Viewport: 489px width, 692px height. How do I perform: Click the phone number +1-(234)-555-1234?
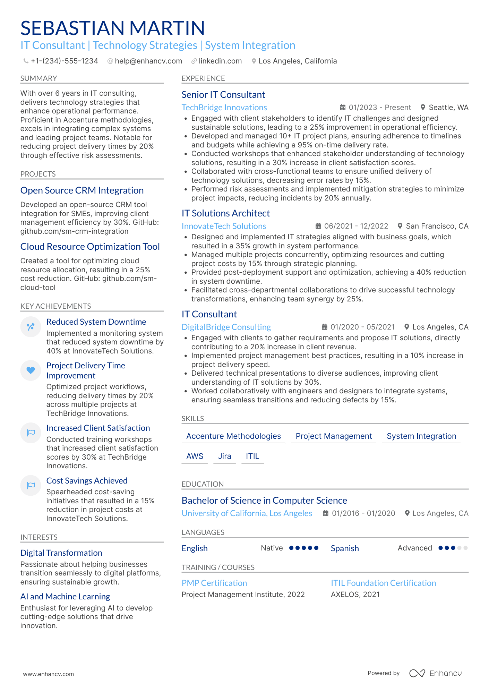[64, 61]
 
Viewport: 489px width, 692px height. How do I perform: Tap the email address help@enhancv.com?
[148, 61]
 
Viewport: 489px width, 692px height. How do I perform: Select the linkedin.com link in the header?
[220, 61]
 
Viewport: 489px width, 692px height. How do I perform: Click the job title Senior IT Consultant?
[223, 95]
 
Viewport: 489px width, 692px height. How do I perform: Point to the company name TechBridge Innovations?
[224, 108]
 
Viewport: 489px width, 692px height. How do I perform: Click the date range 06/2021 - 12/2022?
[356, 226]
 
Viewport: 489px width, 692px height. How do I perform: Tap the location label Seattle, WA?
[448, 108]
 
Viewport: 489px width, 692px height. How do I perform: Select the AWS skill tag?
[195, 456]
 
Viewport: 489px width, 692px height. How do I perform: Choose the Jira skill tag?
[224, 456]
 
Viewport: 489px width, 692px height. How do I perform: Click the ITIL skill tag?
[252, 456]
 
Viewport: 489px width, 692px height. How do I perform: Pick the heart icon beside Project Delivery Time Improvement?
[31, 370]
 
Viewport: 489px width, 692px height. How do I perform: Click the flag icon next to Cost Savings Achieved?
[31, 485]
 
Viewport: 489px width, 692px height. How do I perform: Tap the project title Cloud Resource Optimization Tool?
[90, 247]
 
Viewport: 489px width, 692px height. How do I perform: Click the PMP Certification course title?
[214, 583]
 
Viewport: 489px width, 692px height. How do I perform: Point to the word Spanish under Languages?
[344, 548]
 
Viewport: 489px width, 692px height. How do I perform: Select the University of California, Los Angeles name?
[247, 513]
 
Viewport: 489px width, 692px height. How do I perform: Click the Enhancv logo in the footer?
[435, 673]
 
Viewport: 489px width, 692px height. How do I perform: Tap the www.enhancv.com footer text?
[48, 674]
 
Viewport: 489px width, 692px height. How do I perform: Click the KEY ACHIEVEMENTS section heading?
[55, 306]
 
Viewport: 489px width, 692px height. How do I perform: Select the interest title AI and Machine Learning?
[65, 597]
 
